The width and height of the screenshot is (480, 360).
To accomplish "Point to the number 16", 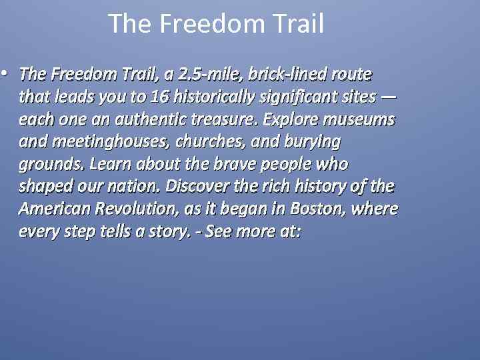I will coord(159,96).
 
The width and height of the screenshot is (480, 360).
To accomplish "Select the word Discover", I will coord(196,186).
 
